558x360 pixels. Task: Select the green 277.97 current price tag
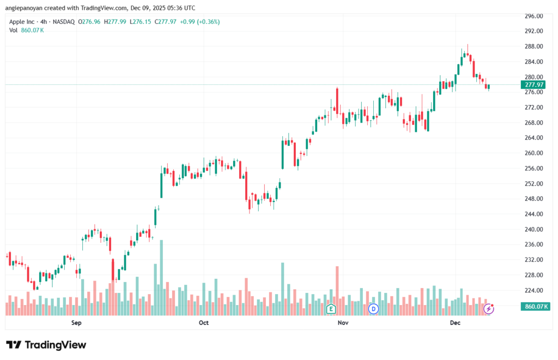click(x=533, y=85)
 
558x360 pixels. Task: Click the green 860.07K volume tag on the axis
click(x=535, y=307)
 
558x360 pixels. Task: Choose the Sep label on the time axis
click(x=76, y=323)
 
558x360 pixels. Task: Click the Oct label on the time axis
click(x=203, y=323)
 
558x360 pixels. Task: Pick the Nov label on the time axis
click(x=343, y=323)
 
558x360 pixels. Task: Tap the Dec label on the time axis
click(x=456, y=323)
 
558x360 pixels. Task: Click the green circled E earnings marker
click(x=330, y=309)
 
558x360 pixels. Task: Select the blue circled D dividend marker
click(x=373, y=309)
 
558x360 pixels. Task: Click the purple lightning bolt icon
click(x=489, y=309)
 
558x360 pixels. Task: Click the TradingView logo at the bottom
click(x=46, y=345)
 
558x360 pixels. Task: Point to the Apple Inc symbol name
click(x=24, y=22)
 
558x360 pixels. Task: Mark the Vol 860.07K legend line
click(x=26, y=30)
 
